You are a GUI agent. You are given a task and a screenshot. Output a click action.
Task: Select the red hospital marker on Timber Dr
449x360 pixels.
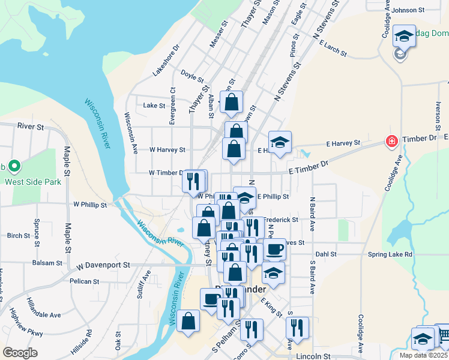392,142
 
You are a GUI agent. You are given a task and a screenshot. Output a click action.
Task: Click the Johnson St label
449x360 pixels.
408,10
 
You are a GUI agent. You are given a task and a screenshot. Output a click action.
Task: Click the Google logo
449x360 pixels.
20,353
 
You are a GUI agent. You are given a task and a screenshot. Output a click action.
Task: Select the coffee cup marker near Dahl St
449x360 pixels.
275,248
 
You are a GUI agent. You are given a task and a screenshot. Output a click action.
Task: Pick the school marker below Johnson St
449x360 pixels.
404,35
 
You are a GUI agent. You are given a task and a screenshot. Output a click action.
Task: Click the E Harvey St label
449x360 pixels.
343,143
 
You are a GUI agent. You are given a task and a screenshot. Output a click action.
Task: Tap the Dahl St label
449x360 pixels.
326,254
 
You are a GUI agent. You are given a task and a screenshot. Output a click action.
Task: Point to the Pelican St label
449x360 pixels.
84,281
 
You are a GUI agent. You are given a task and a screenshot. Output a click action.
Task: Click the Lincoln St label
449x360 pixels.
313,356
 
